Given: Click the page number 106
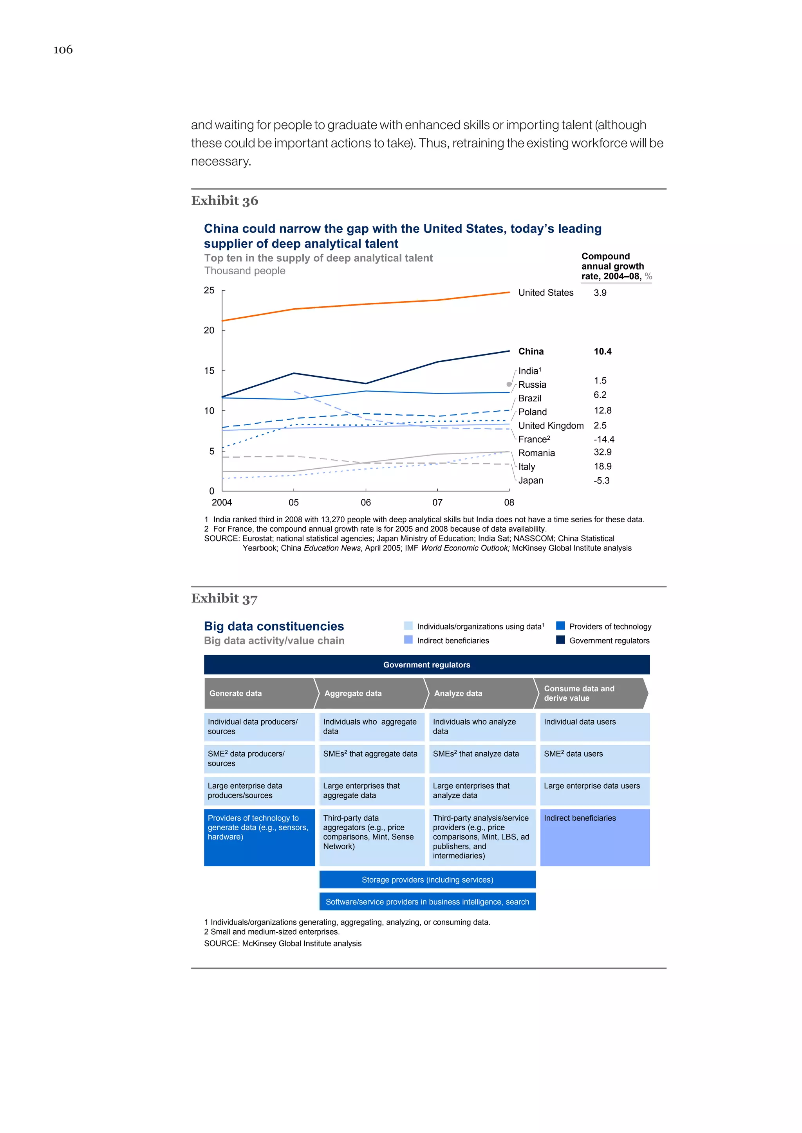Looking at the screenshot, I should [63, 49].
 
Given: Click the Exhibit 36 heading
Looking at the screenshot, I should [225, 201].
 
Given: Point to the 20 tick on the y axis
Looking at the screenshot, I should [210, 330].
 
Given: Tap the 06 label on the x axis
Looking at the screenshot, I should [365, 502].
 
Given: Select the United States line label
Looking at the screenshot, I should [546, 293].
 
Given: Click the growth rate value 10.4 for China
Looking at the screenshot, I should [603, 351].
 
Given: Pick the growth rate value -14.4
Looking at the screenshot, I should [604, 439].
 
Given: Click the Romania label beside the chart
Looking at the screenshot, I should [536, 453].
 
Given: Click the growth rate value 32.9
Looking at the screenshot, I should [603, 452].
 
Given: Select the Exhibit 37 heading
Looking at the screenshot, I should [225, 599].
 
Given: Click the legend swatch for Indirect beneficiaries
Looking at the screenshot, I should [408, 640].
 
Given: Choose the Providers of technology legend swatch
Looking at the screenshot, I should [560, 626].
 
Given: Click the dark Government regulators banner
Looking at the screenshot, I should [427, 665].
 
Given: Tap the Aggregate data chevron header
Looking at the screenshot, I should [369, 693].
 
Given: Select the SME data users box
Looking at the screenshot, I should [594, 759].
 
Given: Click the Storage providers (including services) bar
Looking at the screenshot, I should [427, 879].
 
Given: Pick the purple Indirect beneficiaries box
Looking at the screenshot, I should [594, 837].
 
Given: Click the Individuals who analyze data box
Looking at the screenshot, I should [482, 727].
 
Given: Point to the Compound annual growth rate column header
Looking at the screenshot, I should [613, 266].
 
